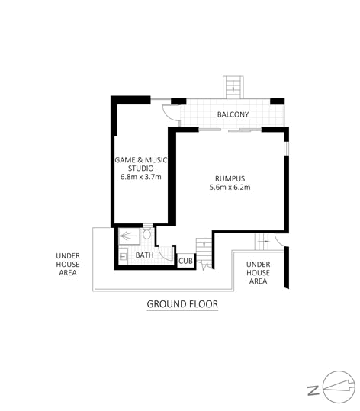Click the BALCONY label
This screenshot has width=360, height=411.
(233, 114)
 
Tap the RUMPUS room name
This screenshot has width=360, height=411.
(230, 178)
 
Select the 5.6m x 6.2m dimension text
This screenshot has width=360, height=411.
(230, 187)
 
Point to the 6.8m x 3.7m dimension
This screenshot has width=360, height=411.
(141, 177)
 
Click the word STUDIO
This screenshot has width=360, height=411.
(141, 169)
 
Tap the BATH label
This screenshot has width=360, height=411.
(144, 255)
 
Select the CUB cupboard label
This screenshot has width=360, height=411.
(185, 261)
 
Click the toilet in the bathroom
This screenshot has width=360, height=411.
(147, 233)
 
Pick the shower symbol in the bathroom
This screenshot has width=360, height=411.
(129, 236)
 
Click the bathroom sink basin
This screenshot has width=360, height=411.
(123, 256)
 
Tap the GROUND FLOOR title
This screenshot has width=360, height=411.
(182, 304)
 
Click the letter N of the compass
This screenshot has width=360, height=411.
(313, 390)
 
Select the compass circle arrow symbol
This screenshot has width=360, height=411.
(339, 387)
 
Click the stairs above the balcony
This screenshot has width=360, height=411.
(233, 87)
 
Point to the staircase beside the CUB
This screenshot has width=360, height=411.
(204, 253)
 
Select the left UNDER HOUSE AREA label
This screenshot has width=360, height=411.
(68, 264)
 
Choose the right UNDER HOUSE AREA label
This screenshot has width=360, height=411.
(258, 273)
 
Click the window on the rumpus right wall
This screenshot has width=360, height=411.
(287, 149)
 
